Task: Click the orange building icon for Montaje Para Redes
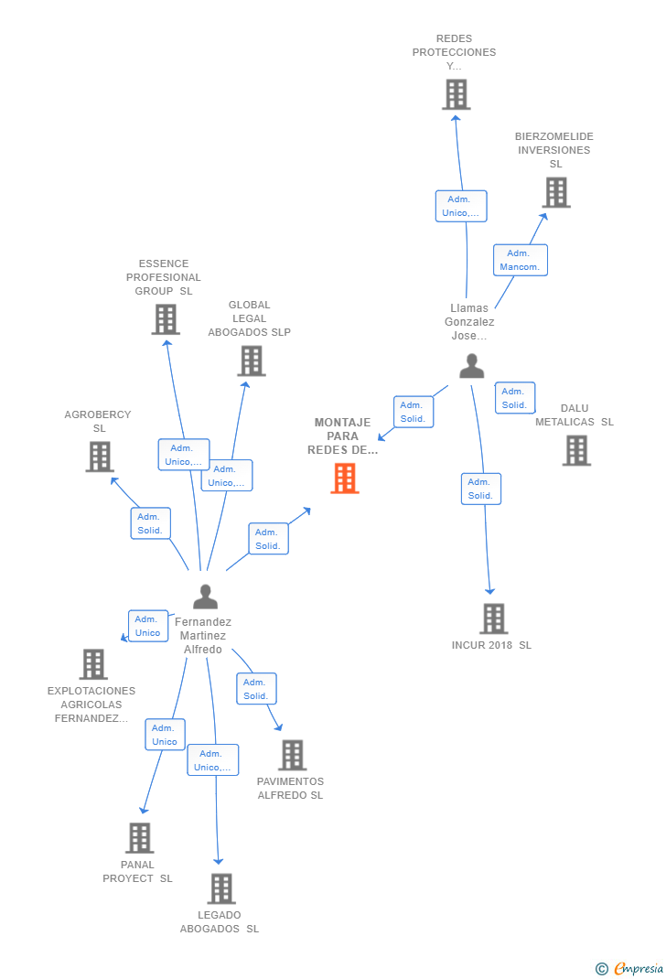[x=345, y=478]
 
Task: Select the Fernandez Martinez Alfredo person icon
[x=206, y=597]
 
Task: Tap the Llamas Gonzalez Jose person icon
[x=472, y=366]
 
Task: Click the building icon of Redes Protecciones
[x=456, y=94]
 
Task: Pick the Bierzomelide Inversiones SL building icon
[x=556, y=192]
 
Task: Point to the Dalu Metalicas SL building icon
[x=576, y=450]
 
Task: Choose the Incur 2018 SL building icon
[x=493, y=619]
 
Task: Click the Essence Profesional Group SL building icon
[x=166, y=319]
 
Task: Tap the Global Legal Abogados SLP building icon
[x=251, y=360]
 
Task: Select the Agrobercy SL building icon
[x=99, y=456]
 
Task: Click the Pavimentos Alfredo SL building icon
[x=293, y=755]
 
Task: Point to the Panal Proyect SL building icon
[x=139, y=837]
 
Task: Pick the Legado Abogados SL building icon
[x=220, y=888]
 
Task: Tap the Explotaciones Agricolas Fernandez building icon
[x=93, y=664]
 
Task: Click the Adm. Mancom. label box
[x=520, y=261]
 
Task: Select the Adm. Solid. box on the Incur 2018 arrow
[x=480, y=489]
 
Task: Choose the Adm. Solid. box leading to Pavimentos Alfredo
[x=256, y=689]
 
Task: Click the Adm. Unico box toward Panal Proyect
[x=165, y=735]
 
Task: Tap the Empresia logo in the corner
[x=630, y=968]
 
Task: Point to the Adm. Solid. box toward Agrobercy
[x=150, y=523]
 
